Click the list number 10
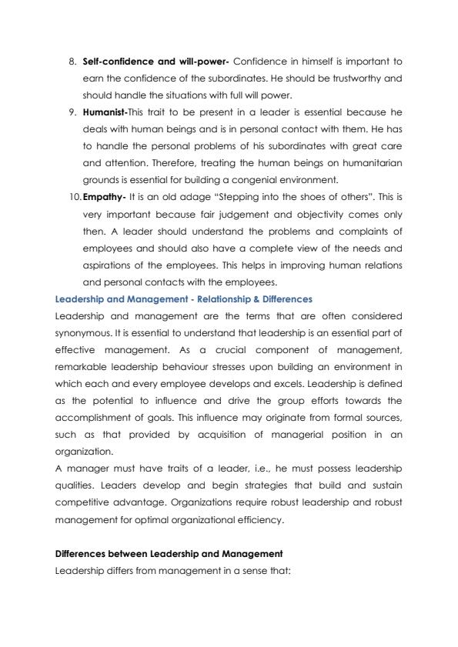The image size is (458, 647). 72,195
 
